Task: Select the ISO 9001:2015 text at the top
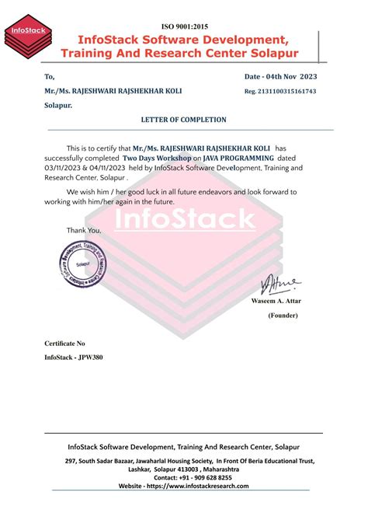pyautogui.click(x=184, y=26)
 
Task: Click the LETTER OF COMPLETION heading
pyautogui.click(x=183, y=120)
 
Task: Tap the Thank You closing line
pyautogui.click(x=84, y=230)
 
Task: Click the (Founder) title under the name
pyautogui.click(x=286, y=316)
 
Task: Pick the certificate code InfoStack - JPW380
pyautogui.click(x=74, y=358)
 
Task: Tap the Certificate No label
pyautogui.click(x=64, y=343)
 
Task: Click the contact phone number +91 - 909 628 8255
pyautogui.click(x=203, y=477)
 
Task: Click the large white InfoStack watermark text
pyautogui.click(x=185, y=219)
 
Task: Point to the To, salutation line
pyautogui.click(x=50, y=76)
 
